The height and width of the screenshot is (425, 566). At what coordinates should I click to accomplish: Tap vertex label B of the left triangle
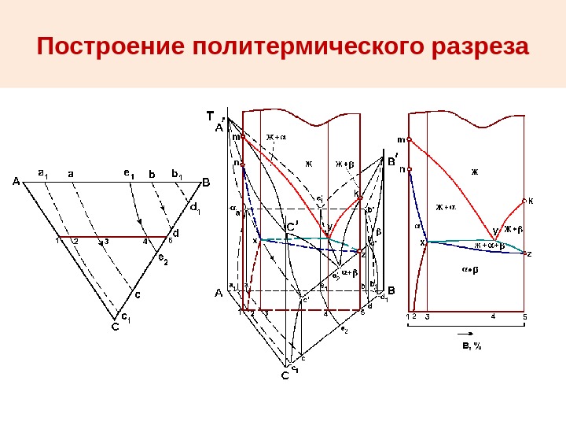coord(206,183)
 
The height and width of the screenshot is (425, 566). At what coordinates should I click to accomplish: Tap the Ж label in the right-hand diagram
coord(474,170)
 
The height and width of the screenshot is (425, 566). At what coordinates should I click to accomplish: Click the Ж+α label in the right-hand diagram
coord(446,208)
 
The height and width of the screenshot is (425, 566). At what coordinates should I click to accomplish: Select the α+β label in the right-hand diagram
coord(470,270)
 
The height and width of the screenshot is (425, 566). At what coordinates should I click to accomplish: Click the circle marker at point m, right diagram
coord(410,140)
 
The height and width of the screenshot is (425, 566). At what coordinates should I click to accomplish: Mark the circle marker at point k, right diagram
coord(524,201)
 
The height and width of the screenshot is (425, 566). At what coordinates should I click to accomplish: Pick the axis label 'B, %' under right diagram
coord(472,345)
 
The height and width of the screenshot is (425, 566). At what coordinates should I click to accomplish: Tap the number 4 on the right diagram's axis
coord(493,316)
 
